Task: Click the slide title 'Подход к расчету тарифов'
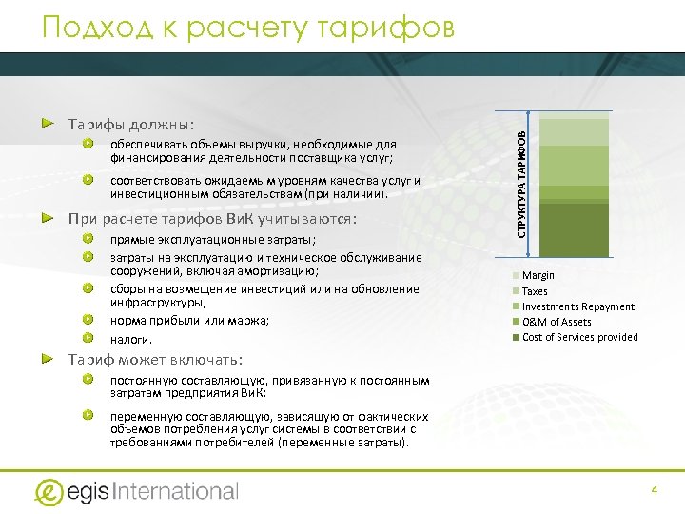pos(248,28)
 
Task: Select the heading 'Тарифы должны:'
pos(130,125)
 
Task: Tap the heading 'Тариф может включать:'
pos(155,360)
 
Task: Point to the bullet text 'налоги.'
pos(131,339)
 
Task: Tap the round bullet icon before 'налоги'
pos(88,338)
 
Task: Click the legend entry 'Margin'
pos(538,276)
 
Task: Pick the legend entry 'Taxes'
pos(536,291)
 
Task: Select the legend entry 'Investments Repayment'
pos(578,306)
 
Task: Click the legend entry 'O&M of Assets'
pos(557,322)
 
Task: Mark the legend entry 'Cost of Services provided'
pos(580,337)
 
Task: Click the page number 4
pos(655,489)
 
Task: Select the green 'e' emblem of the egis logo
pos(49,491)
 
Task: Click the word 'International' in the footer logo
pos(176,491)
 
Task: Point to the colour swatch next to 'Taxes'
pos(517,291)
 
